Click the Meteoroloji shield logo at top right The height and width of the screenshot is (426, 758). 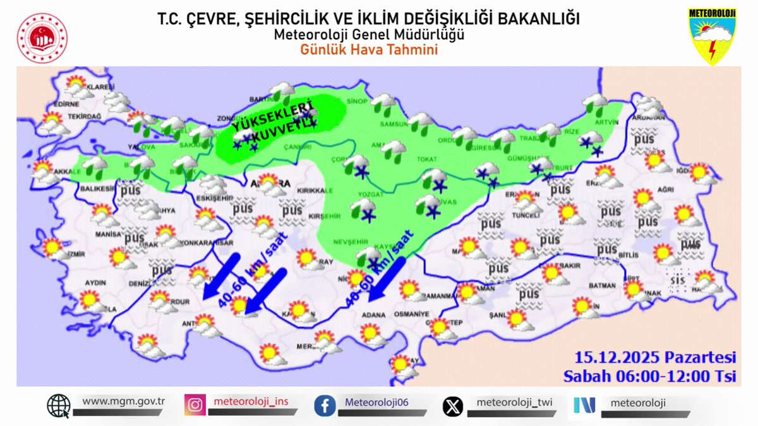[712, 37]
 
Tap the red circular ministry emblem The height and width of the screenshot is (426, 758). [42, 38]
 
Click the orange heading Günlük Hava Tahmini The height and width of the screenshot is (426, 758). [369, 50]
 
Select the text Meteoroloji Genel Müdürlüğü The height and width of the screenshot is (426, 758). [369, 35]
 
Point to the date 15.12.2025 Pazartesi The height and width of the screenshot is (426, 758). [655, 357]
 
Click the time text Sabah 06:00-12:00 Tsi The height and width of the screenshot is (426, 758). [651, 376]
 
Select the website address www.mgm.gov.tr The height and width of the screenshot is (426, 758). [123, 401]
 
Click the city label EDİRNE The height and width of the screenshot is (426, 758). [66, 104]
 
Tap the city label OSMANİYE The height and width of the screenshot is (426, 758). [411, 314]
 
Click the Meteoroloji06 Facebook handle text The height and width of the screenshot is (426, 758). [377, 402]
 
